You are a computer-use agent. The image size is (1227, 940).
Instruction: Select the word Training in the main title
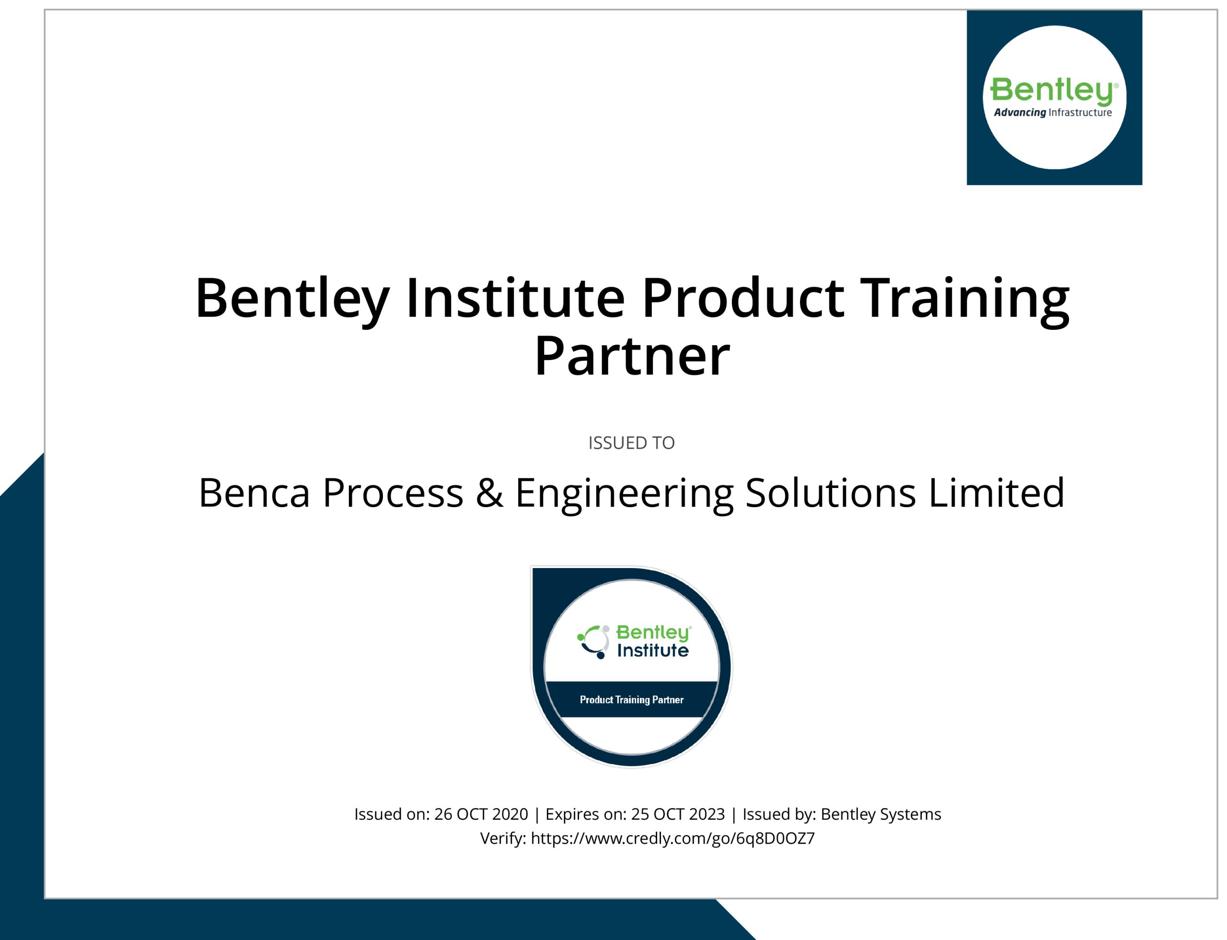pos(964,301)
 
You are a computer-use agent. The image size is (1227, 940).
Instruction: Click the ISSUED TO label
pos(631,443)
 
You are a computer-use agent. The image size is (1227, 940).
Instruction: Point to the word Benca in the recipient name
pos(254,493)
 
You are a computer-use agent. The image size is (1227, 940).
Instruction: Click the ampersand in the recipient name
pos(489,493)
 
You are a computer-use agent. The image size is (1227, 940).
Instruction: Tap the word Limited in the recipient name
pos(996,492)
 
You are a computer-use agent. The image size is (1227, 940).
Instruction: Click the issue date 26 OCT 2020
pos(481,814)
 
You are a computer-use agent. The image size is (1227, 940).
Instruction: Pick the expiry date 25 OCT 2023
pos(678,814)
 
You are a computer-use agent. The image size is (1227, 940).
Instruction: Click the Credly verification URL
pos(672,839)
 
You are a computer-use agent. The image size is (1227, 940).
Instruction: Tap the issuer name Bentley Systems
pos(880,814)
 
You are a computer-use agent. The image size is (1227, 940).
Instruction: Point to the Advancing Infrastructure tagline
pos(1053,113)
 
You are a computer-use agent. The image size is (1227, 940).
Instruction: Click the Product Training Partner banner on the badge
pos(632,699)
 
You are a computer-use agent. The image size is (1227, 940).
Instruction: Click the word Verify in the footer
pos(503,839)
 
